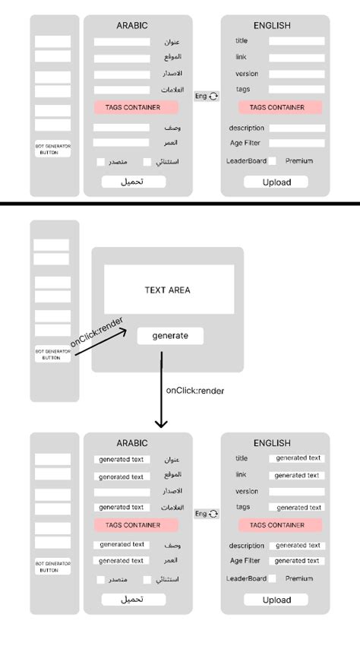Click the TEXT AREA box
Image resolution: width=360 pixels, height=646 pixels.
pos(169,290)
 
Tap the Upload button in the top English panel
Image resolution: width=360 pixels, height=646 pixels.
pos(276,182)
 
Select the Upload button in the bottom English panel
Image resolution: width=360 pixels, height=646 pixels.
pos(276,600)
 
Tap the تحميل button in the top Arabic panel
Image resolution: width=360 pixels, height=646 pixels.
pos(133,182)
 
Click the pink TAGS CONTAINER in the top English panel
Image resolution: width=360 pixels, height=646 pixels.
pos(276,108)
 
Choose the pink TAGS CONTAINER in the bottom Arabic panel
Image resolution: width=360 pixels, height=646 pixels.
pos(136,525)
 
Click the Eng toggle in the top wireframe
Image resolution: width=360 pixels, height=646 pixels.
pos(206,97)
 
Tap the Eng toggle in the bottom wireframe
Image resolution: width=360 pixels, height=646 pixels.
pos(206,515)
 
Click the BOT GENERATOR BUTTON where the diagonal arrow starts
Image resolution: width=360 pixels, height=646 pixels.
pos(52,353)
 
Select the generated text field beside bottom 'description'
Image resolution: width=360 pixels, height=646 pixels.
pos(298,546)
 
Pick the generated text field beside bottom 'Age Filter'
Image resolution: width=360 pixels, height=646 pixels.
pos(298,561)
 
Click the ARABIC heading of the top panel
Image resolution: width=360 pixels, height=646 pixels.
pos(132,26)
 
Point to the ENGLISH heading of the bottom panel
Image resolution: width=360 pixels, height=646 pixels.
pos(272,443)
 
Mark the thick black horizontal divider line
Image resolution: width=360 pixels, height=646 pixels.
pos(180,204)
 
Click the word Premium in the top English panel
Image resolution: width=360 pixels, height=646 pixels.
pos(298,161)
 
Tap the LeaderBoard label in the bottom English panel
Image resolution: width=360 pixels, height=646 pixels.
pos(246,578)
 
